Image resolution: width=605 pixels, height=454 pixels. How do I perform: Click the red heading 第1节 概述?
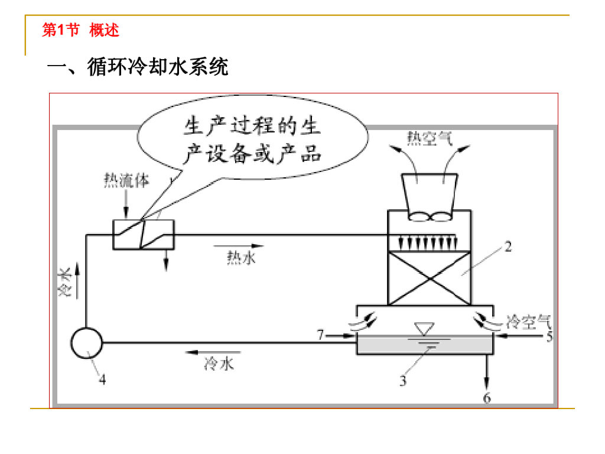[80, 30]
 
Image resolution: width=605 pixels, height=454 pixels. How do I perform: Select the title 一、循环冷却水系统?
[138, 67]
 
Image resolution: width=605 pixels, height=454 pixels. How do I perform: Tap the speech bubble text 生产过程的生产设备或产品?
[252, 141]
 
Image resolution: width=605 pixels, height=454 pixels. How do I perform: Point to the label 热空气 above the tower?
[430, 137]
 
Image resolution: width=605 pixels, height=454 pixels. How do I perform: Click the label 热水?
[242, 257]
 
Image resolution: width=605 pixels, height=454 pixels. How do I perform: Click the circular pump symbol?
[86, 342]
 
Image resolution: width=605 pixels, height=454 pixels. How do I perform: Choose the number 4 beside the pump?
[102, 380]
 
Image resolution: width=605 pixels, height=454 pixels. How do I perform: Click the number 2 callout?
[508, 247]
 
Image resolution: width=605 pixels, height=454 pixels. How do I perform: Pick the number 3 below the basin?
[403, 381]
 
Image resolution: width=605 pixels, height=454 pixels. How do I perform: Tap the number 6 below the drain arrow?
[487, 398]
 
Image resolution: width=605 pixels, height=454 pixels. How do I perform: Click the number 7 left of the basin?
[320, 336]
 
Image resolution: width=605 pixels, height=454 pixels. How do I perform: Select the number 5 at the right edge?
[549, 337]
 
